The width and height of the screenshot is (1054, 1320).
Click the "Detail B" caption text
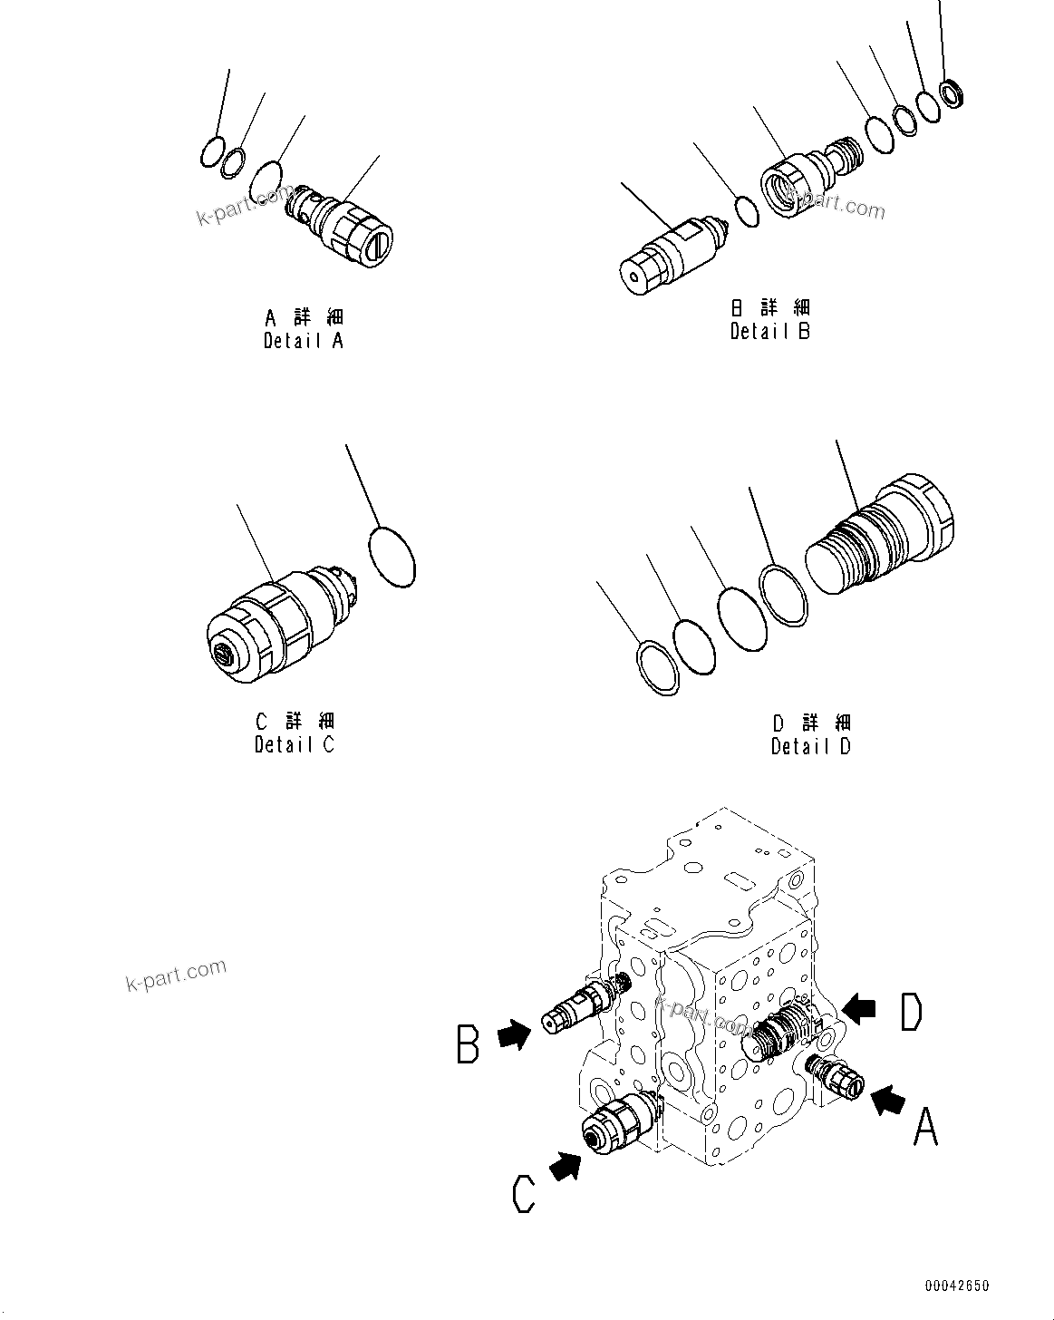click(x=770, y=331)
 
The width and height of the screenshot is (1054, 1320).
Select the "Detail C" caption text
click(x=295, y=744)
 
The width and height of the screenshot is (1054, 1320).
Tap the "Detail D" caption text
click(x=811, y=746)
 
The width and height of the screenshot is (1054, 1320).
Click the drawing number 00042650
click(x=957, y=1286)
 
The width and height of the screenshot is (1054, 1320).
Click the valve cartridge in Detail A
click(x=344, y=227)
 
